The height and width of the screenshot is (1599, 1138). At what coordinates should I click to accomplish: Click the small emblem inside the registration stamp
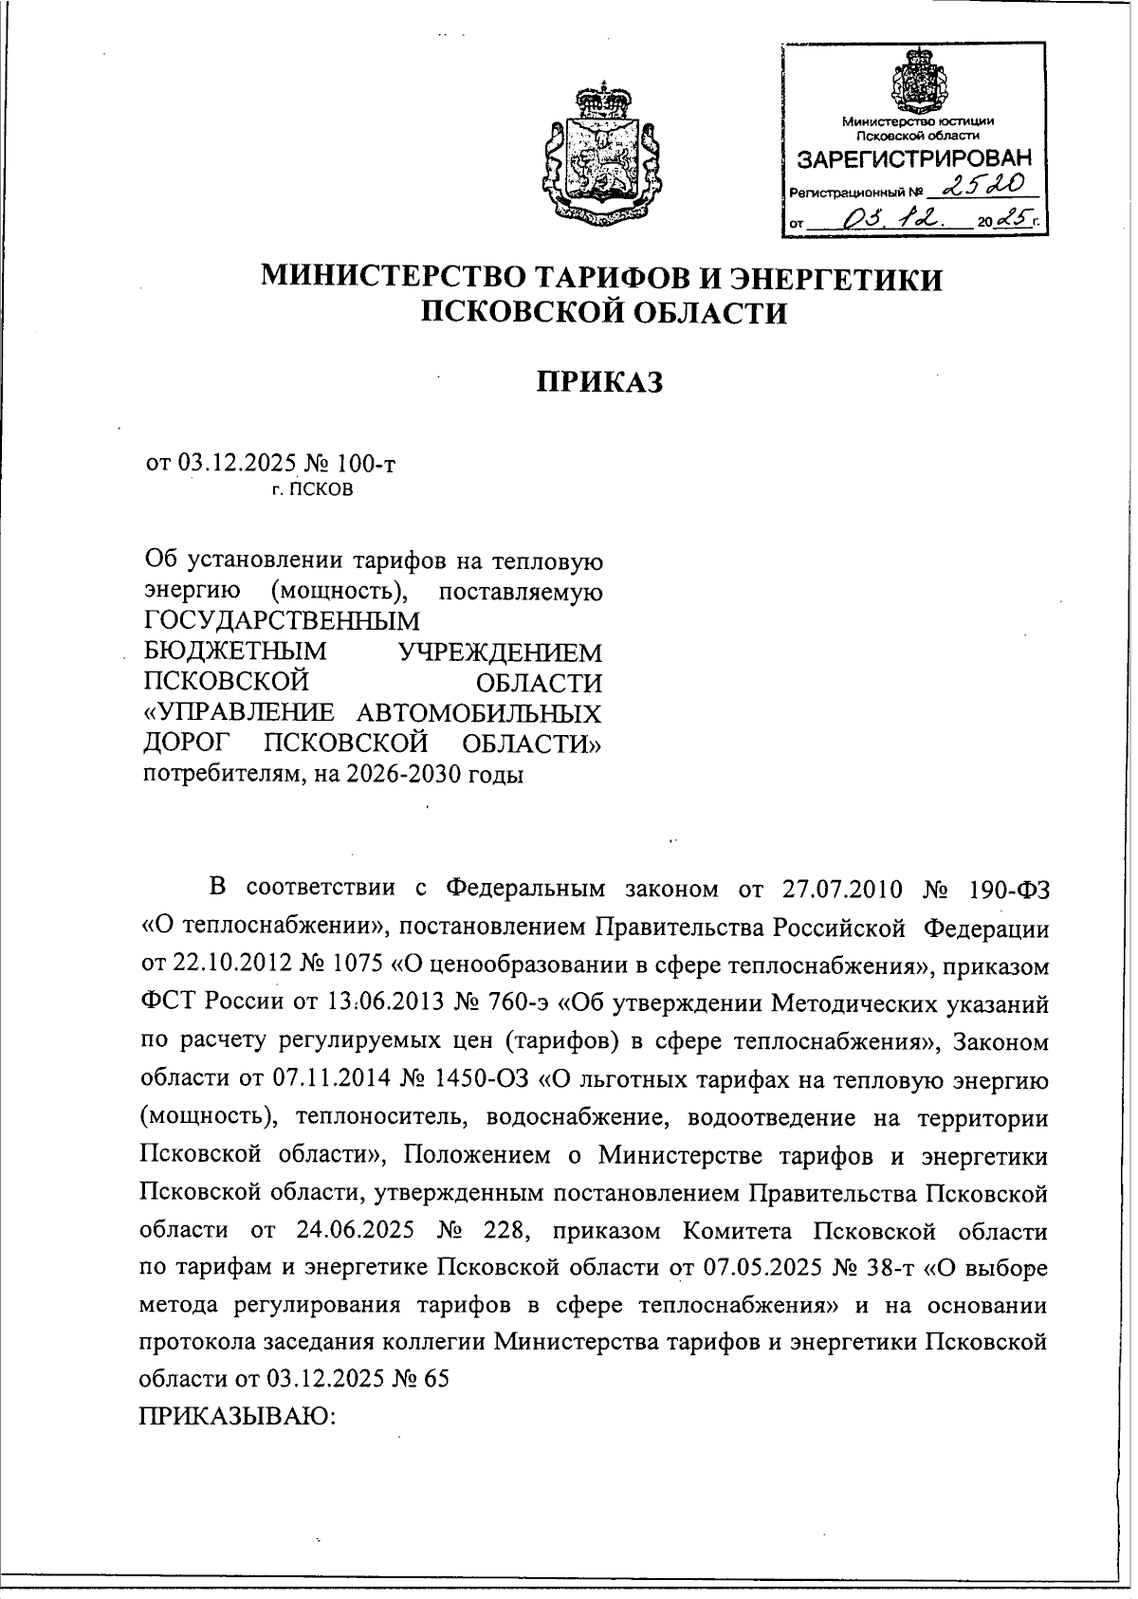(917, 80)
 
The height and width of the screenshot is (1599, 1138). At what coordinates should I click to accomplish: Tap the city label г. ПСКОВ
(312, 490)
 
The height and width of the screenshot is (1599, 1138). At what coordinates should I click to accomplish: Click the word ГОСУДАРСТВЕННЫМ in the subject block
(281, 621)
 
